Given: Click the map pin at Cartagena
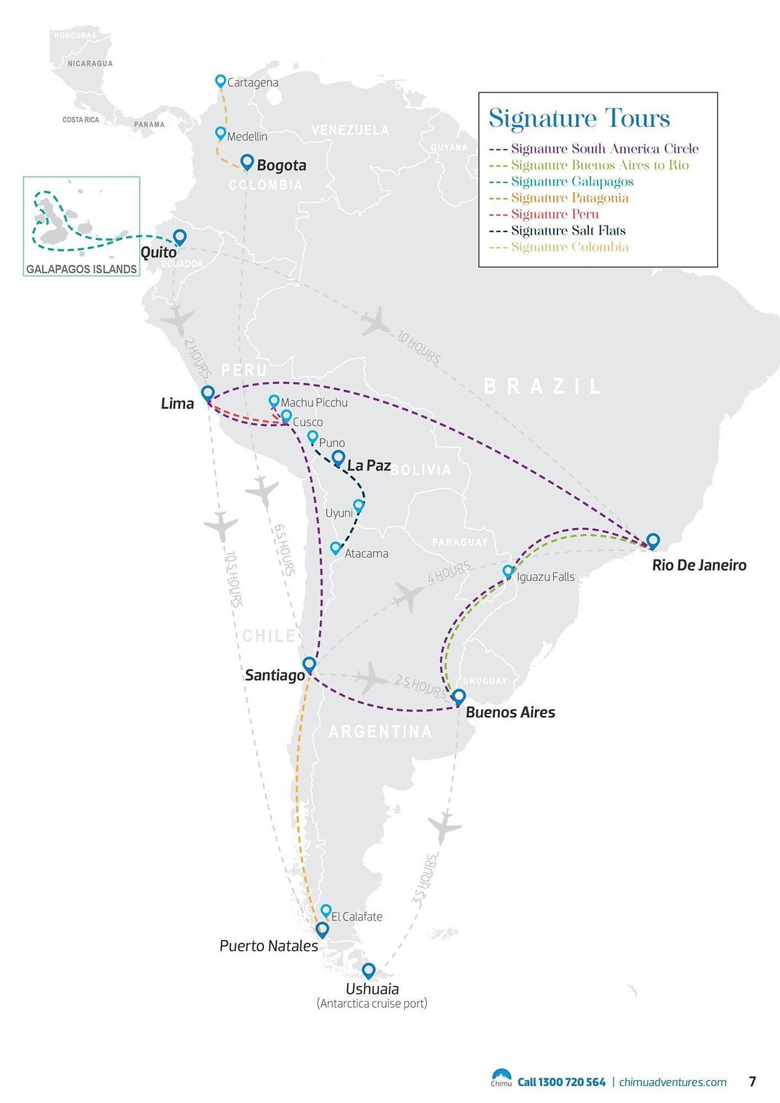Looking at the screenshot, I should pos(220,81).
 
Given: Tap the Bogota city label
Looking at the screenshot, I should pos(281,165).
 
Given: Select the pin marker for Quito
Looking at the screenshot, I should pos(179,237).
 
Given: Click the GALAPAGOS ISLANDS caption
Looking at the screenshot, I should pos(82,269).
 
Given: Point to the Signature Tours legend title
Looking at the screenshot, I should pos(579,119).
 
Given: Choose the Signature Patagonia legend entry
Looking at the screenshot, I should pos(569,198).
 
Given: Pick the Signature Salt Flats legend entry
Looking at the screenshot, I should pos(568,231).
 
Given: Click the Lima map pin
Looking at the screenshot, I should pos(207,393).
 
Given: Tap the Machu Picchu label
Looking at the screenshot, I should pos(314,403).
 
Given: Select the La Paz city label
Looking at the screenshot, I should pos(368,465).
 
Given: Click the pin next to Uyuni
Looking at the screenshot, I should pos(359,505).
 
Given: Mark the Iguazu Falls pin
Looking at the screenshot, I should pos(508,571).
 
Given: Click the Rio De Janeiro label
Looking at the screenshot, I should pos(699,565).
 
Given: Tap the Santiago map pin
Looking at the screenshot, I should pos(309,664).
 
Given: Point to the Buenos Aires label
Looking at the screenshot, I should pos(510,713).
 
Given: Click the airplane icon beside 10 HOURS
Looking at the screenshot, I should pos(376,321).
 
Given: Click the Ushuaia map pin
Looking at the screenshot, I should pos(368,970).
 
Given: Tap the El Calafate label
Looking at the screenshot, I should pos(356,917).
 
